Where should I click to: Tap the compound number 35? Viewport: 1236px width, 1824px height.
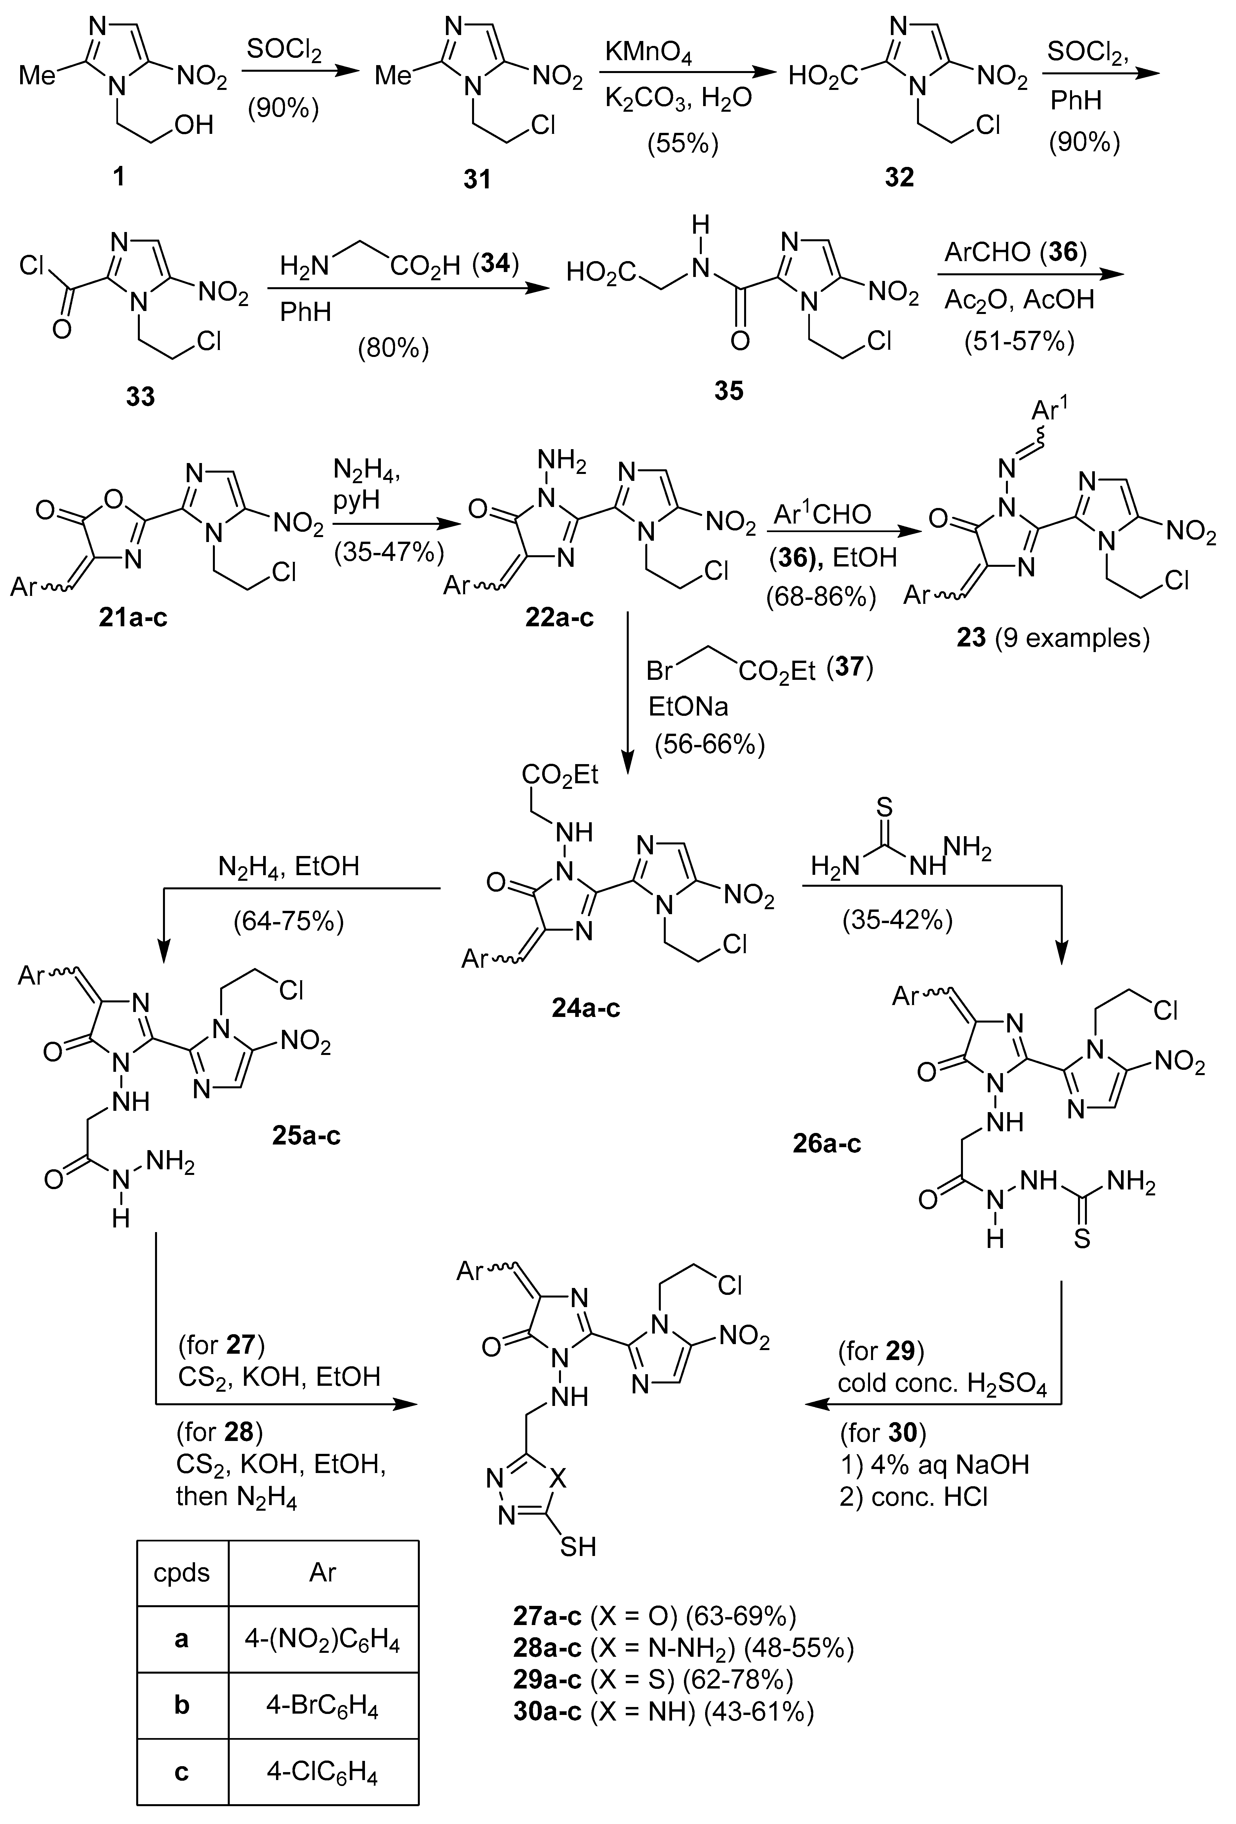[729, 390]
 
